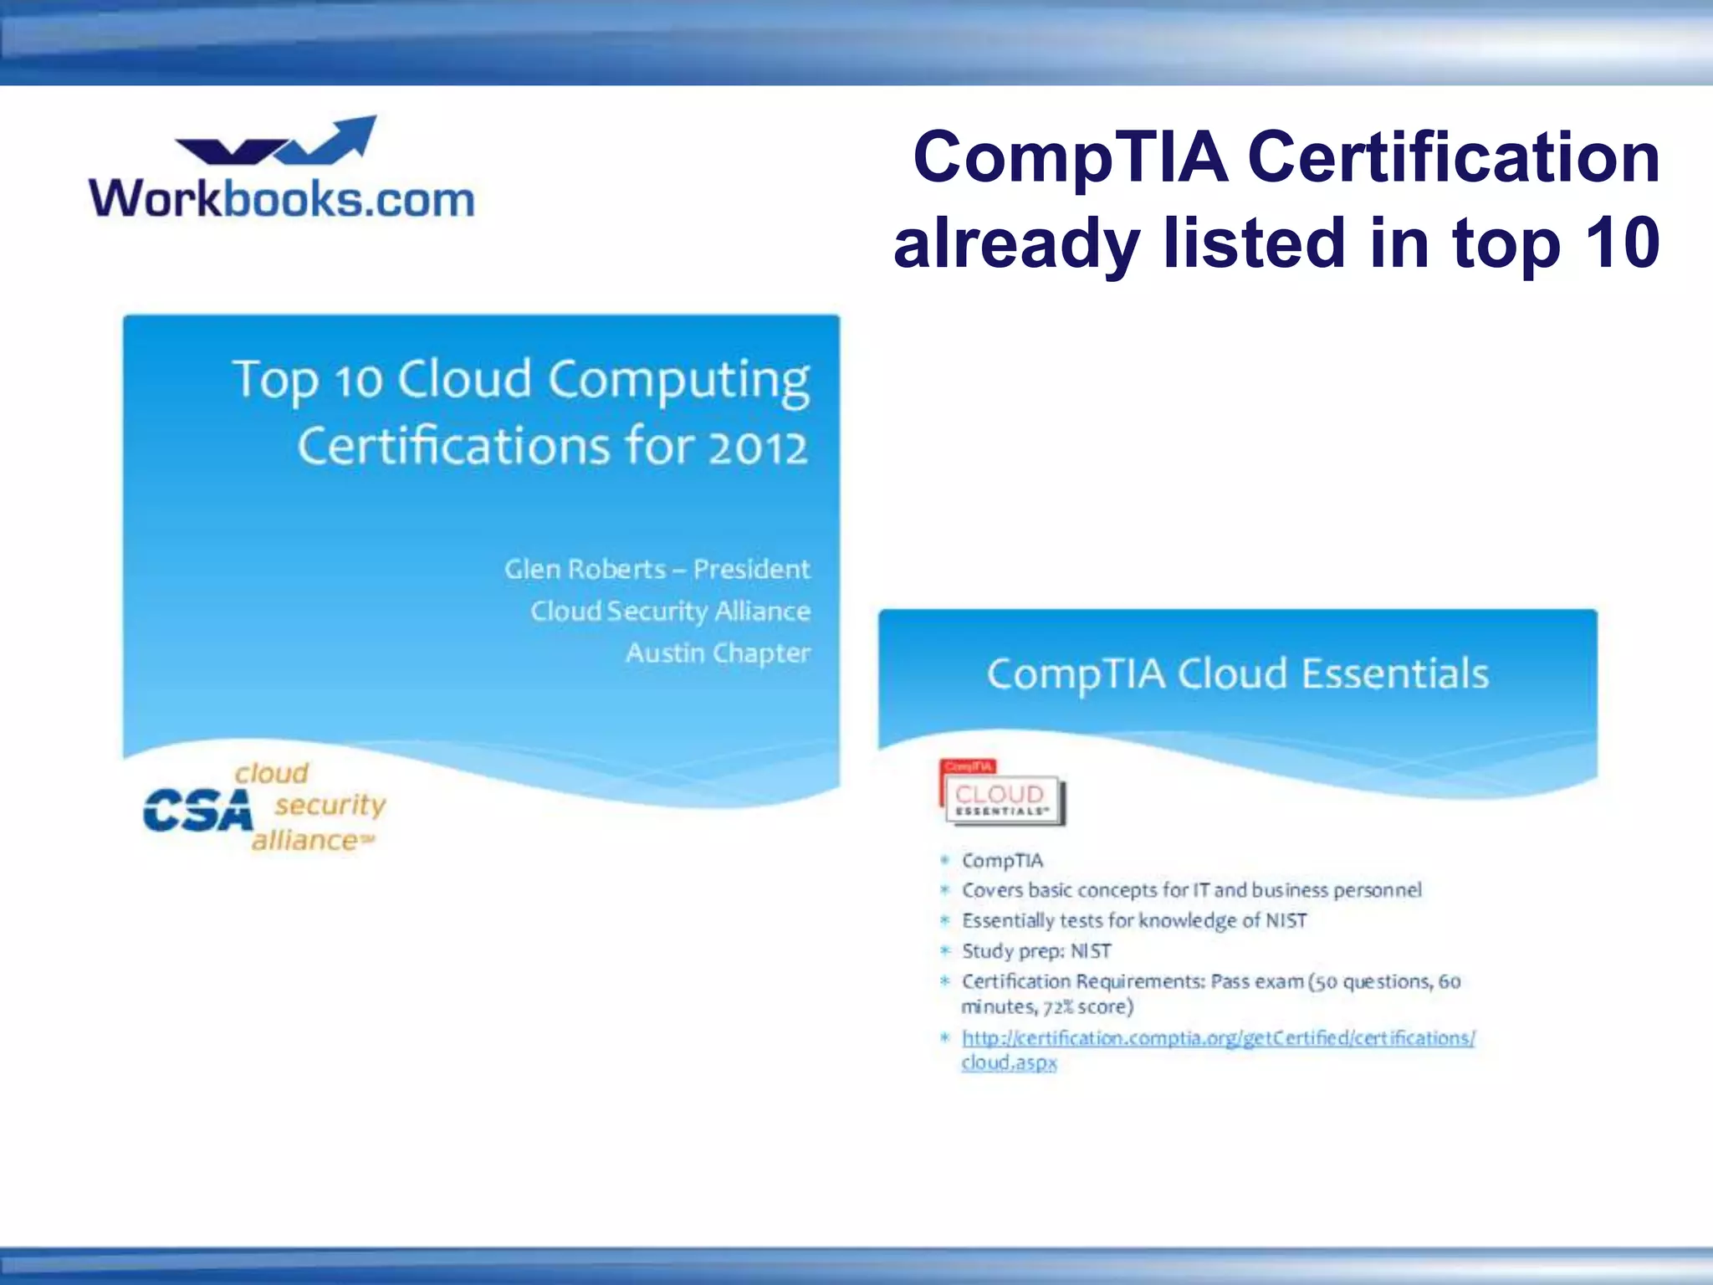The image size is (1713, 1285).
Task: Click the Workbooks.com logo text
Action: (x=282, y=199)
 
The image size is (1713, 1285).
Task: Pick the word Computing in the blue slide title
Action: (x=678, y=381)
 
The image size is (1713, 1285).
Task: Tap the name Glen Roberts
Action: (x=585, y=569)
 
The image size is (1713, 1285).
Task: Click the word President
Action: (x=751, y=569)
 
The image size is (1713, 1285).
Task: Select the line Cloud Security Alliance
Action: (x=670, y=611)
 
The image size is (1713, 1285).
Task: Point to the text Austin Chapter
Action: (x=718, y=653)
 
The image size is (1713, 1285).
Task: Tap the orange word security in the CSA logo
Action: (x=330, y=805)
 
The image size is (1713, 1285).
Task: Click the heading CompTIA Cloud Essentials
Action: (x=1237, y=674)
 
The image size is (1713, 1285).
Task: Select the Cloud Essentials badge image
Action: (x=1002, y=794)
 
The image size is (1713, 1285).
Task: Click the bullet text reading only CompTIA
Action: (x=1002, y=861)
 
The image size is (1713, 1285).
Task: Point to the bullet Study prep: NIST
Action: (x=1036, y=951)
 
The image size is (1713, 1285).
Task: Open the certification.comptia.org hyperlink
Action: (x=1218, y=1038)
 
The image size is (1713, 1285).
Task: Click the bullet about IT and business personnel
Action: (x=1191, y=890)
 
